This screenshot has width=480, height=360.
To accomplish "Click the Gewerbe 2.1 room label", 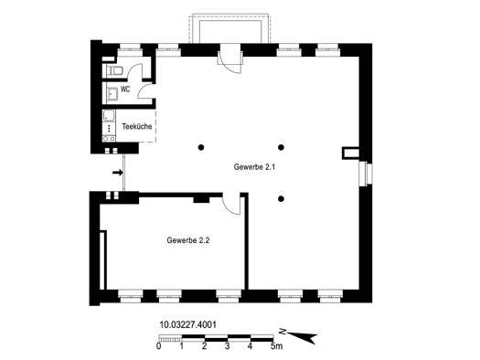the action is (254, 167).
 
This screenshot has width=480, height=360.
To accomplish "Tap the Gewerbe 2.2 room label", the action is (188, 240).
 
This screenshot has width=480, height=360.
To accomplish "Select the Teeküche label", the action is (137, 126).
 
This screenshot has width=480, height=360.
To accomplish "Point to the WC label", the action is (125, 90).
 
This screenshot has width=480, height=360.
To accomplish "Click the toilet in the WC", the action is (114, 70).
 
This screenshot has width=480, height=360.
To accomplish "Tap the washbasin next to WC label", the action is (112, 94).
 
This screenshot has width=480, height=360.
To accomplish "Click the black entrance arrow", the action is (118, 173).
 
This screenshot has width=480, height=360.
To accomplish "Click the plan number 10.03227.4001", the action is (187, 324).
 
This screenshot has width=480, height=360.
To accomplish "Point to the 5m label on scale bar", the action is (276, 346).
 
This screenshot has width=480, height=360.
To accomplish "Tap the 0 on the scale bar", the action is (158, 346).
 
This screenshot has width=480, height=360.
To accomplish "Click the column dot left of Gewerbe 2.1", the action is (201, 147).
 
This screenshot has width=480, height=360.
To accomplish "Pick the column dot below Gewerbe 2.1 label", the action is (281, 199).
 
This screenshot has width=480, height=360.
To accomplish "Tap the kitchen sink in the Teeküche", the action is (109, 116).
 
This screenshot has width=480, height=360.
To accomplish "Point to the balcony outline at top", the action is (229, 28).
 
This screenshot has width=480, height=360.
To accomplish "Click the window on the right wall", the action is (366, 174).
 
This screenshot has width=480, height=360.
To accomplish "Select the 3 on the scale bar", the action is (228, 346).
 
